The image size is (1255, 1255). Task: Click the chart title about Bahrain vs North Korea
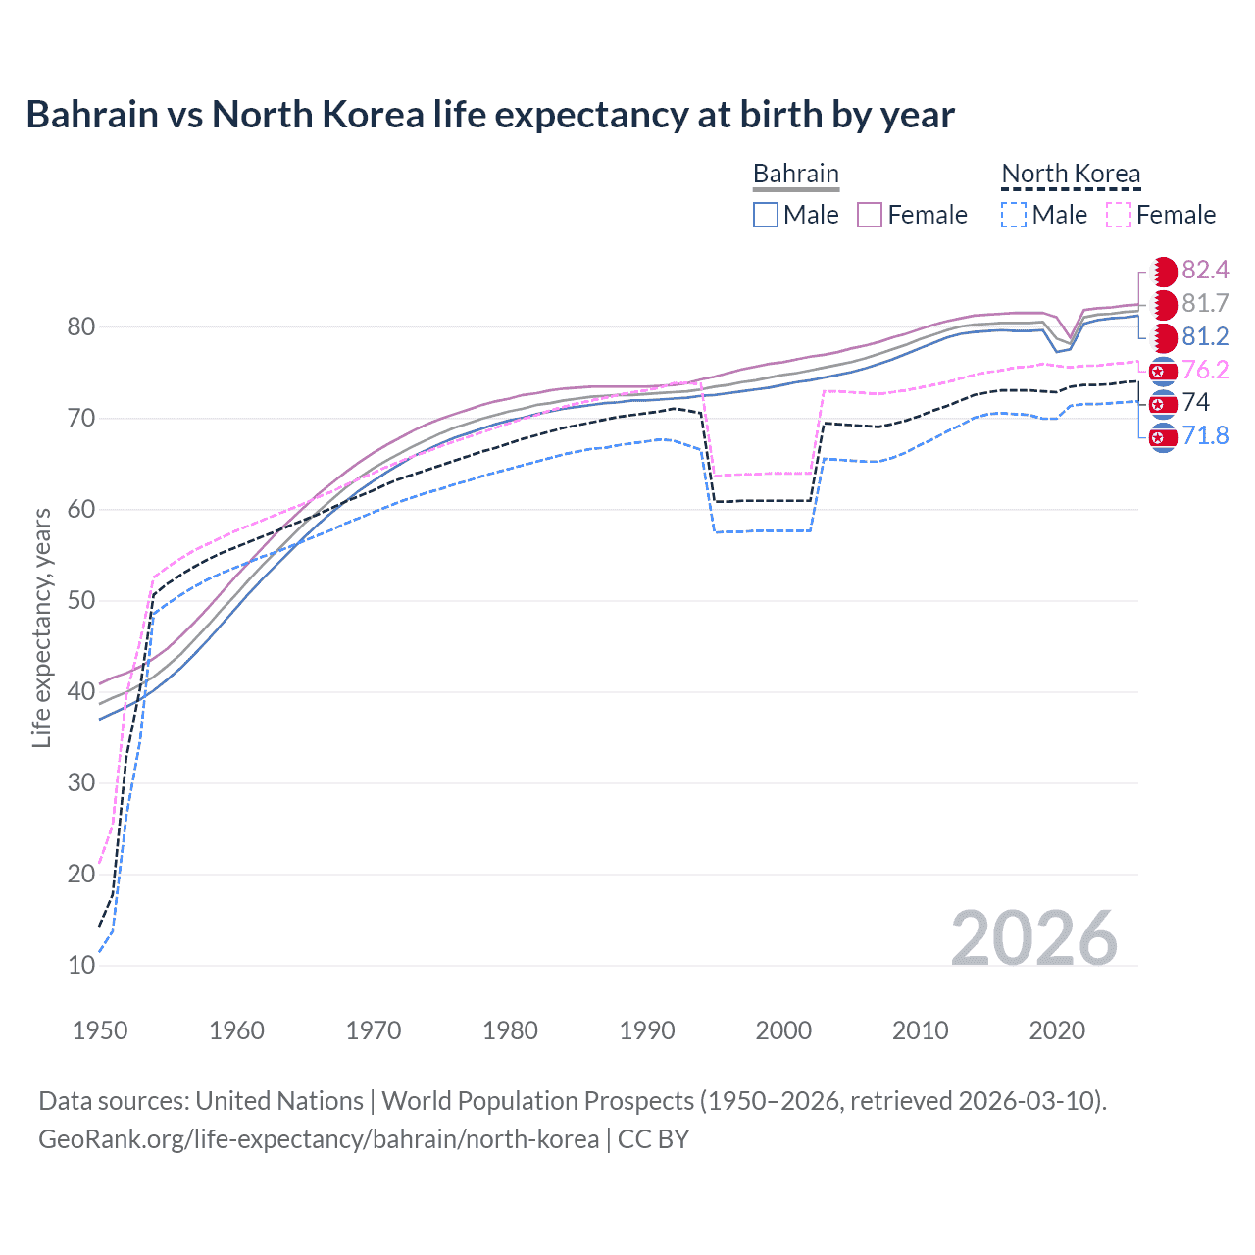(x=490, y=115)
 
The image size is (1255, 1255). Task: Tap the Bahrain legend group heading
(x=795, y=174)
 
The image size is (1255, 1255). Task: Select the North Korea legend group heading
(x=1071, y=174)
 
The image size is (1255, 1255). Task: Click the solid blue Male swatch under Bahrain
(x=766, y=215)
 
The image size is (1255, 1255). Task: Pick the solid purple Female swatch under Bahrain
(x=870, y=215)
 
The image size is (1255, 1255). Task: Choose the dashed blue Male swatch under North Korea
(x=1014, y=215)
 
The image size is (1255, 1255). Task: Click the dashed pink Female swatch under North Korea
(x=1119, y=215)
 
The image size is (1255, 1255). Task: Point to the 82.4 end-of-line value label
(x=1205, y=270)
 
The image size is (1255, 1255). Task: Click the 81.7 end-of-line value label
(x=1205, y=303)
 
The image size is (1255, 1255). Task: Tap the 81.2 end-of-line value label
(x=1205, y=336)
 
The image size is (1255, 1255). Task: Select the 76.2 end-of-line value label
(x=1205, y=370)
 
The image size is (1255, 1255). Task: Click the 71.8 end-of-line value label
(x=1205, y=435)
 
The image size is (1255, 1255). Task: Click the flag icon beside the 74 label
(x=1163, y=403)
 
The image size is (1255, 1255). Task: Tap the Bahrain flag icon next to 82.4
(x=1163, y=271)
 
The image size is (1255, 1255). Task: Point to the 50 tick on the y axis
(x=81, y=600)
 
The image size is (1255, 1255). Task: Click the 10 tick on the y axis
(x=81, y=965)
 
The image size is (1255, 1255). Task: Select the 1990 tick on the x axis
(x=647, y=1030)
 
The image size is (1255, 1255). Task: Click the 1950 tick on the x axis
(x=100, y=1030)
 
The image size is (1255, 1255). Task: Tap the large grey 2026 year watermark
(x=1033, y=938)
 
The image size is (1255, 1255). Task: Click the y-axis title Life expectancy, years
(x=42, y=627)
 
